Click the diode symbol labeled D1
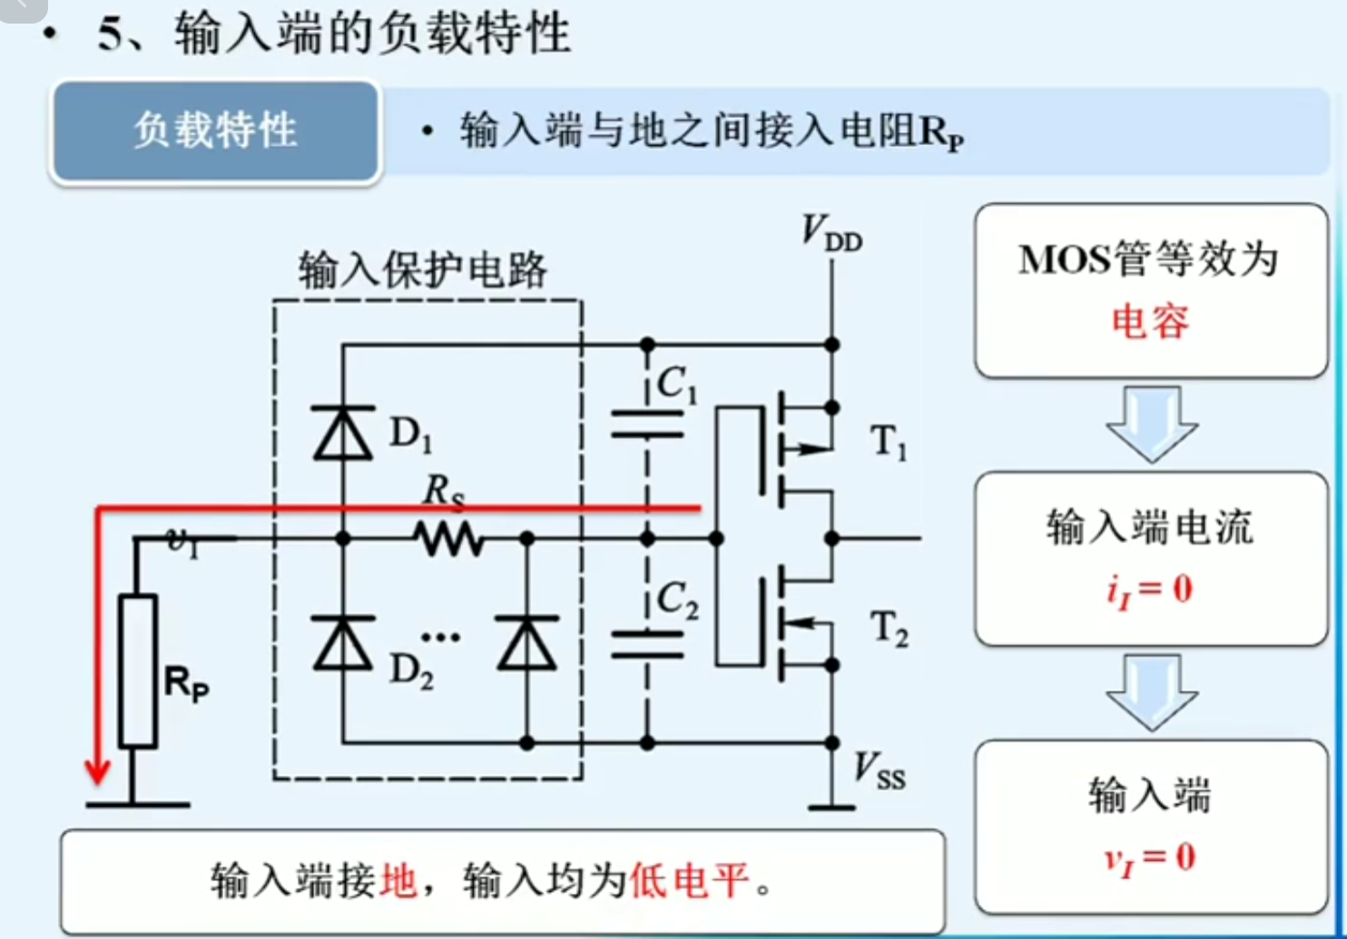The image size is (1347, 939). click(x=343, y=433)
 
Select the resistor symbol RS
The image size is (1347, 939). click(x=448, y=540)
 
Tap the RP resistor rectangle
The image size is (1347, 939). click(x=138, y=671)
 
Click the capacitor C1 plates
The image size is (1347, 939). click(x=647, y=424)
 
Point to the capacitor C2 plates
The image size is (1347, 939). click(x=647, y=643)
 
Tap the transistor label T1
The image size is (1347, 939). click(x=889, y=443)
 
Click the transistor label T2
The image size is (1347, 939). click(x=889, y=628)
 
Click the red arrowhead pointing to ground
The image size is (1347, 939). click(x=97, y=772)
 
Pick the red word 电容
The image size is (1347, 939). click(x=1150, y=321)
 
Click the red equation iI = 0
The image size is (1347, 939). click(x=1149, y=590)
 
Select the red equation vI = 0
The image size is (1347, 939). click(x=1149, y=857)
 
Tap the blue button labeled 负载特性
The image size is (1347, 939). click(x=216, y=132)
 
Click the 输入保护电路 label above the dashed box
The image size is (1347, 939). click(x=423, y=269)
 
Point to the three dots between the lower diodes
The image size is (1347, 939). click(x=440, y=637)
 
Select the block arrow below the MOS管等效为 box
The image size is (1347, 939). click(x=1151, y=423)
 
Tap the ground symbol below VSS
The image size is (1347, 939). click(x=831, y=806)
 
